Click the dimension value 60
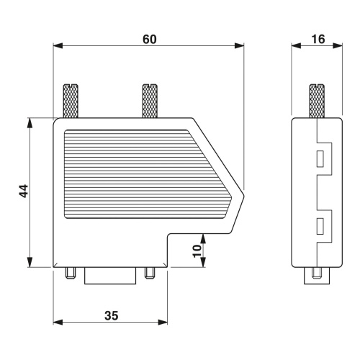(x=150, y=40)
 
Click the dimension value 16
(x=318, y=39)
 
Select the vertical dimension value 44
(x=24, y=191)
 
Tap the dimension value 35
(x=112, y=315)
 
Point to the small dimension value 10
(x=197, y=251)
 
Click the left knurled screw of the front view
(x=71, y=101)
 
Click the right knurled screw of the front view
(x=150, y=101)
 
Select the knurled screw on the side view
(x=317, y=101)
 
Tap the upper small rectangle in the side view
(x=320, y=158)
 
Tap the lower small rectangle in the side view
(x=320, y=226)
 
